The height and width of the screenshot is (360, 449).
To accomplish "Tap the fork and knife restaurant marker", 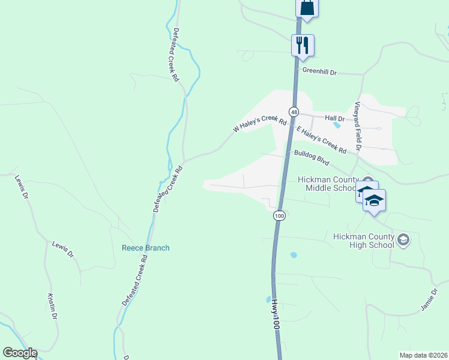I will pos(303,45).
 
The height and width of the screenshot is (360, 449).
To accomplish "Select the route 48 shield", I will pos(294,112).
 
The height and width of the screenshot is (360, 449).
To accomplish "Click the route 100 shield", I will pos(279,215).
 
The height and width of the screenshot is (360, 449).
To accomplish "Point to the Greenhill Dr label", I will pos(319,71).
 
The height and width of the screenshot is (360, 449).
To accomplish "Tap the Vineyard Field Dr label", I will pos(358,126).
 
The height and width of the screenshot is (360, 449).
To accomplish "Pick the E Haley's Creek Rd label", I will pos(322,139).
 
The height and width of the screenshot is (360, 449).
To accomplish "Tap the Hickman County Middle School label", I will pos(328,184).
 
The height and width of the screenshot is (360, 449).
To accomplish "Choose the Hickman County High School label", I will pos(364,240).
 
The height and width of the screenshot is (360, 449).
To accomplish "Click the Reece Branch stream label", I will pos(145,248).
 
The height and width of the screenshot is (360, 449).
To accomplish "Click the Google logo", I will pos(20,353).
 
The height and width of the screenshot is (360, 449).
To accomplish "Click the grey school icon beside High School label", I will pos(403,240).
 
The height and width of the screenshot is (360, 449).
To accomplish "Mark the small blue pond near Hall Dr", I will pos(337,125).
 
